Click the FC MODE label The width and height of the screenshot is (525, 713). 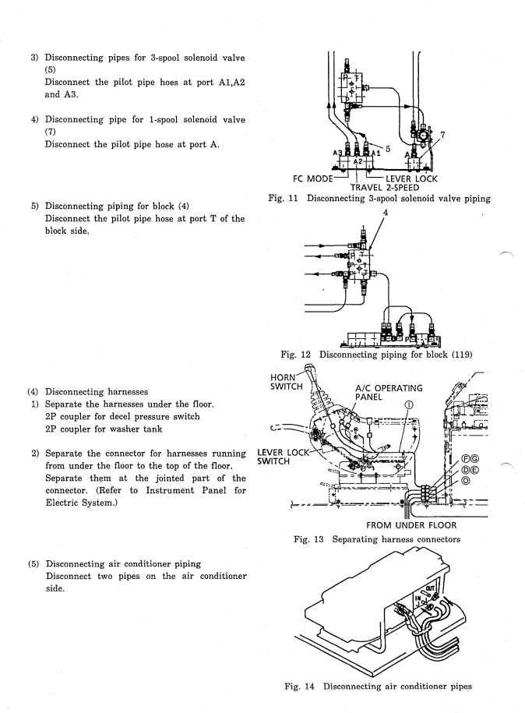(x=312, y=178)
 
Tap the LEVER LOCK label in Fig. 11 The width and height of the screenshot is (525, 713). (x=411, y=178)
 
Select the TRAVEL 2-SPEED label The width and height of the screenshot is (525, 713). (x=385, y=187)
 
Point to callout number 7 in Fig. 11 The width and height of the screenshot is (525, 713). (x=442, y=135)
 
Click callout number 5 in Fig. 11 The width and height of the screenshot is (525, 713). (x=388, y=149)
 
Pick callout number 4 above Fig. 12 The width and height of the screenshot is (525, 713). (x=386, y=213)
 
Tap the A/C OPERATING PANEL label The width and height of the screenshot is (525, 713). (x=389, y=393)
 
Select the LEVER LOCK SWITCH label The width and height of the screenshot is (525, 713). (x=283, y=457)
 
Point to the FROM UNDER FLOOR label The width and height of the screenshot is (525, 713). (x=411, y=525)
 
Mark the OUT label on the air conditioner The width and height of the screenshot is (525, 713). (x=430, y=588)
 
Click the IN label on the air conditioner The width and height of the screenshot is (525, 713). (x=418, y=598)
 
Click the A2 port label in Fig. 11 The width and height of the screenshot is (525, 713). (x=358, y=161)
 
